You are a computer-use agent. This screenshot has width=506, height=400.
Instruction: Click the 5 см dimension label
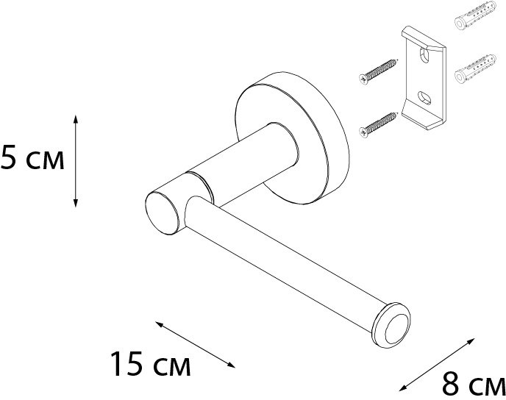pos(32,157)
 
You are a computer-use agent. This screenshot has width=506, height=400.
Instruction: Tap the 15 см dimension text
pos(151,364)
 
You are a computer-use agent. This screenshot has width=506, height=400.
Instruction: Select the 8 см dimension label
pos(474,384)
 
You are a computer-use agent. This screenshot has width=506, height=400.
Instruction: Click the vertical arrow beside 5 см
pos(76,160)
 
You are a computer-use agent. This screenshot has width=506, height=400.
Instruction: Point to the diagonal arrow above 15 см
pos(195,344)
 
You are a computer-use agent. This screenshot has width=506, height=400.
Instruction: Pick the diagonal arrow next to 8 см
pos(437,365)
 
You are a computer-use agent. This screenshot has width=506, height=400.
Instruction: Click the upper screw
pos(378,71)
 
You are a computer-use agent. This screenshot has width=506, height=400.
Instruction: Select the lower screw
pos(378,125)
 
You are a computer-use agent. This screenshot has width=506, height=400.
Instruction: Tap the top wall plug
pos(475,15)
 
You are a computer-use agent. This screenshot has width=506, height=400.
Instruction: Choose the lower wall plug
pos(475,68)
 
